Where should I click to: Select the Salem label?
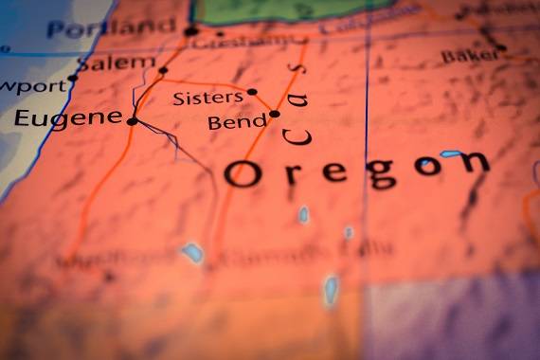point(115,64)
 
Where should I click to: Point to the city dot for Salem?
point(163,70)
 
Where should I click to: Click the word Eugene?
point(68,118)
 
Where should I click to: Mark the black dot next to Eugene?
point(132,120)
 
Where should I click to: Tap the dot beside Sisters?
point(251,92)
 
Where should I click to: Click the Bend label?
point(237,122)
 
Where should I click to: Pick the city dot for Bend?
point(274,114)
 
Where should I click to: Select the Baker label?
point(468,56)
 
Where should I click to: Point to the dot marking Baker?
point(501,47)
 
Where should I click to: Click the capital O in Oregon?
point(242,173)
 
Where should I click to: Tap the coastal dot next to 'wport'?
point(73,78)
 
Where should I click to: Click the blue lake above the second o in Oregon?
point(451,153)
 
